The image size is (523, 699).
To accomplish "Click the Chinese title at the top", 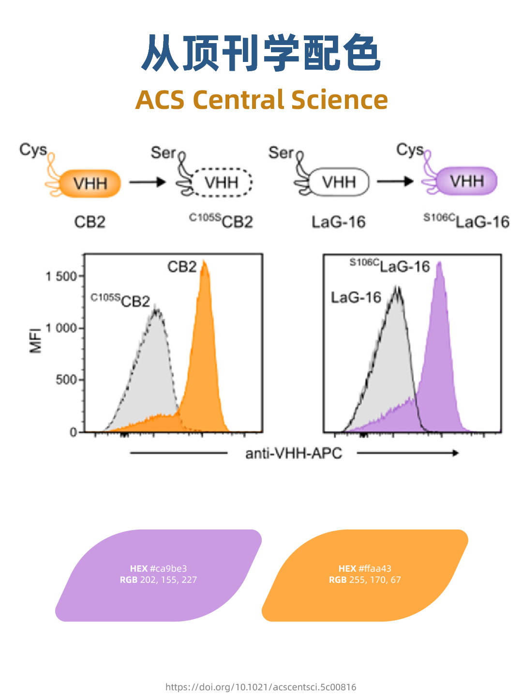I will [x=261, y=53].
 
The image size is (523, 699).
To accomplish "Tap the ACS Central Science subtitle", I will [x=261, y=100].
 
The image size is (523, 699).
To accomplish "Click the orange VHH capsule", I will [x=90, y=183].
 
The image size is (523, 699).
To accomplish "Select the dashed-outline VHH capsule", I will [x=222, y=182].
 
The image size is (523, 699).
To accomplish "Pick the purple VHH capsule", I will [x=467, y=182].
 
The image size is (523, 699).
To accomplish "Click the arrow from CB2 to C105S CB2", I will [x=148, y=182].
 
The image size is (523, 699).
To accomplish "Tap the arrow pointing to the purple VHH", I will [x=395, y=182].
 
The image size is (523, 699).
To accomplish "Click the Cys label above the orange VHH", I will [x=33, y=150].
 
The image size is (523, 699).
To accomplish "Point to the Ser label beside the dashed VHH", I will [x=164, y=153].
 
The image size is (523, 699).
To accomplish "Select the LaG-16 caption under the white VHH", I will [x=338, y=222].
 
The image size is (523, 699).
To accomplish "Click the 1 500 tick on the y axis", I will [x=61, y=276].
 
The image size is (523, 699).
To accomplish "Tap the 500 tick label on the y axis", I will [x=66, y=380].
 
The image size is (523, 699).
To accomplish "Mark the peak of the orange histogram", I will [x=205, y=263].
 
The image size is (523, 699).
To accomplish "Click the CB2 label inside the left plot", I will [x=182, y=267].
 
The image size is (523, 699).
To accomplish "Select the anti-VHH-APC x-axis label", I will [x=294, y=454].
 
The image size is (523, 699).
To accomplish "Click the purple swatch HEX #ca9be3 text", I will [x=158, y=569].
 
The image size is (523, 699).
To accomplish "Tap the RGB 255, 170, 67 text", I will [x=365, y=580].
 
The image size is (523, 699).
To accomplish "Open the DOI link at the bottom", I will [x=261, y=687].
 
